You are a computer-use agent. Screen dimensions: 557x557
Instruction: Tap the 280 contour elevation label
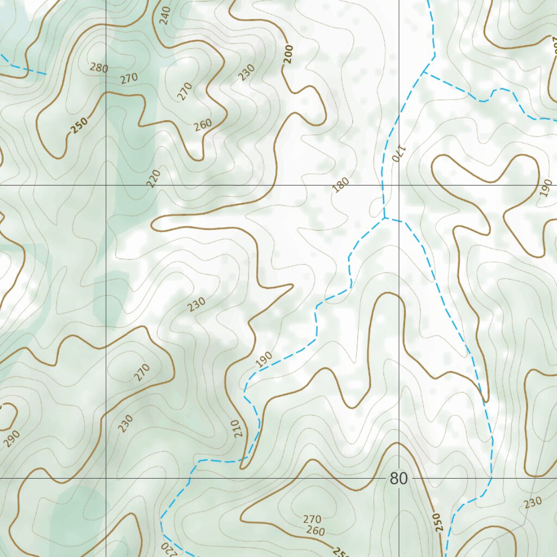[99, 68]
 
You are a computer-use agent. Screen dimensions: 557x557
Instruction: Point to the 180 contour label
[341, 185]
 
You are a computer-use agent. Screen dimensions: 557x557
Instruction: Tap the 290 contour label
[12, 438]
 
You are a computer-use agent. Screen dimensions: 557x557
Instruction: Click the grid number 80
[399, 479]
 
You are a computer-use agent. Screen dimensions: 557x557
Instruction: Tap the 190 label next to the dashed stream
[264, 360]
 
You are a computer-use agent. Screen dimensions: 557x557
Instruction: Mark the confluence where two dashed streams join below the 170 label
[385, 218]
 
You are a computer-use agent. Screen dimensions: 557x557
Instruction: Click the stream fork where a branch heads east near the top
[423, 72]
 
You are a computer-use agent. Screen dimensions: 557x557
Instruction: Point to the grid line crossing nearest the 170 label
[399, 185]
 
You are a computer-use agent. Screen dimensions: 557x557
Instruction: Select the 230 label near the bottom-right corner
[533, 503]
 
